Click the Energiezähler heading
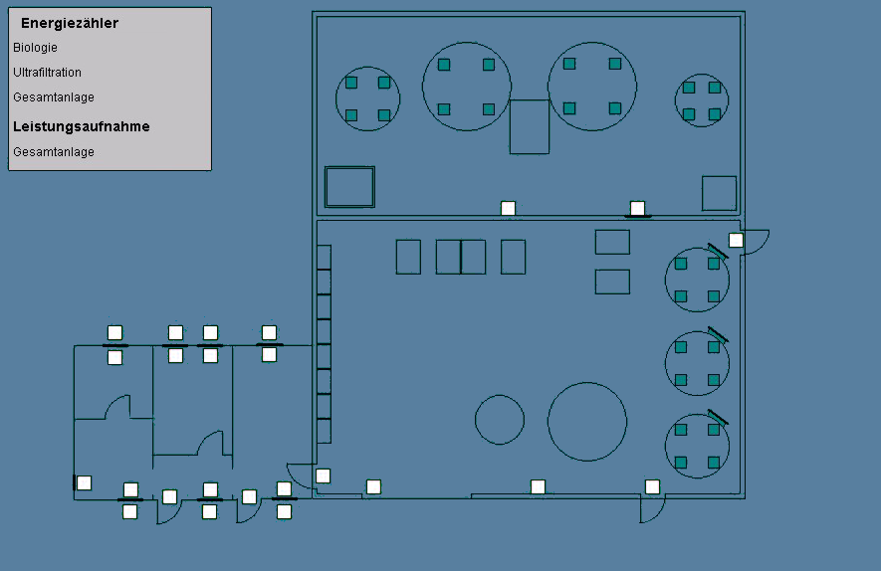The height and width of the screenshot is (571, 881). tap(70, 23)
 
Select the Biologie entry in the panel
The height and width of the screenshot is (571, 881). tap(35, 48)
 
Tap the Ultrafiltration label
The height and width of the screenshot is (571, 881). tap(47, 73)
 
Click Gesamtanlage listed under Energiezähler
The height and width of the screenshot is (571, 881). tap(54, 97)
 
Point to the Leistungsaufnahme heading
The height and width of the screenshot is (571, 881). tap(82, 126)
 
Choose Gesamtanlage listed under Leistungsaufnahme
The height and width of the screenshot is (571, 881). tap(54, 151)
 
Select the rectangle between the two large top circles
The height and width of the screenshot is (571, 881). tap(530, 127)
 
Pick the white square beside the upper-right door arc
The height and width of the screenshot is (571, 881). tap(736, 241)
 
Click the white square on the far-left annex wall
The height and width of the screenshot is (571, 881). tap(85, 482)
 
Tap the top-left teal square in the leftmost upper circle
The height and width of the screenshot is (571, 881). tap(351, 84)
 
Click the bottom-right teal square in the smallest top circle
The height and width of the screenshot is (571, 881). tap(715, 114)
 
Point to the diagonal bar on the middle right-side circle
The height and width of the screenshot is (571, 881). tap(718, 334)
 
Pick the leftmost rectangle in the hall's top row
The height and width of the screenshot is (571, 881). tap(408, 257)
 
